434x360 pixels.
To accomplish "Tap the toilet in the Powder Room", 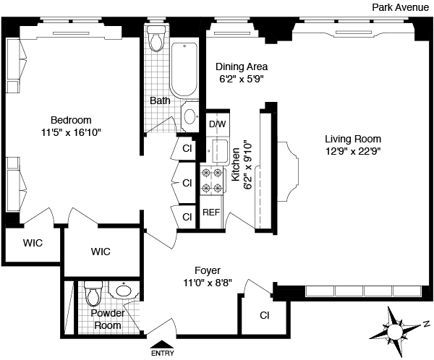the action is (x=92, y=293).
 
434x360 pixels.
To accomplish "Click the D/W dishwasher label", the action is (x=217, y=124).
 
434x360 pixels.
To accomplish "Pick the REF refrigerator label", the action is (x=210, y=213).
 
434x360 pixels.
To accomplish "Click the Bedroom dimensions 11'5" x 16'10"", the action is (x=70, y=132).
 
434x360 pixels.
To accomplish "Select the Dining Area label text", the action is (x=242, y=67).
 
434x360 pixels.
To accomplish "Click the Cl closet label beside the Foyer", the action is (x=264, y=316).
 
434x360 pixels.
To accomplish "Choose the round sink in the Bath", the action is (x=190, y=116).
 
